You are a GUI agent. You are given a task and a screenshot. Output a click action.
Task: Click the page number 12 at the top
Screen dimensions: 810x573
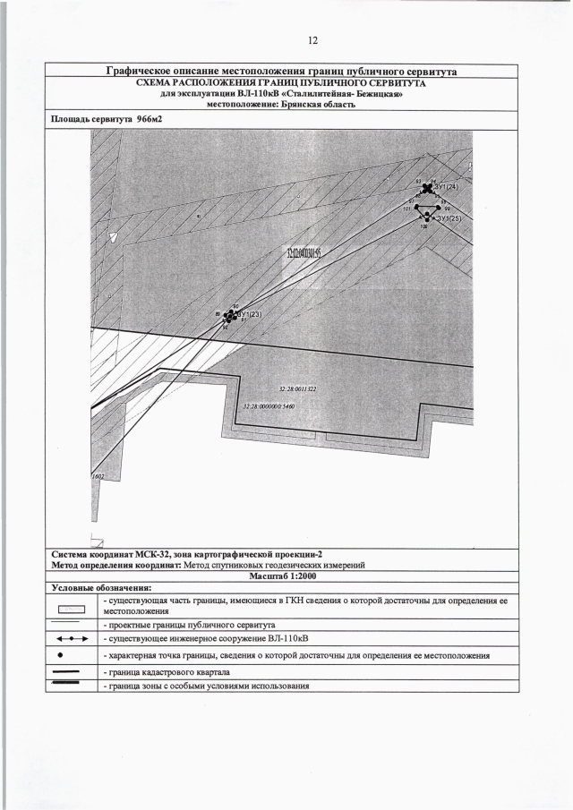(x=313, y=40)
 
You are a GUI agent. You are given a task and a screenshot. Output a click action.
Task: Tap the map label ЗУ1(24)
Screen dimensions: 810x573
(x=445, y=186)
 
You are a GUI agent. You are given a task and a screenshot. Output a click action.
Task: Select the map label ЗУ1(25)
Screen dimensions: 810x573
(x=449, y=218)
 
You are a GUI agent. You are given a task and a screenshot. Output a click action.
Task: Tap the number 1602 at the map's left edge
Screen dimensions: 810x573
(x=98, y=477)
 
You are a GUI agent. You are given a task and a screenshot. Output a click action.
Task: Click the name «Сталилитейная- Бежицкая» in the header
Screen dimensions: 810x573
(x=341, y=92)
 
